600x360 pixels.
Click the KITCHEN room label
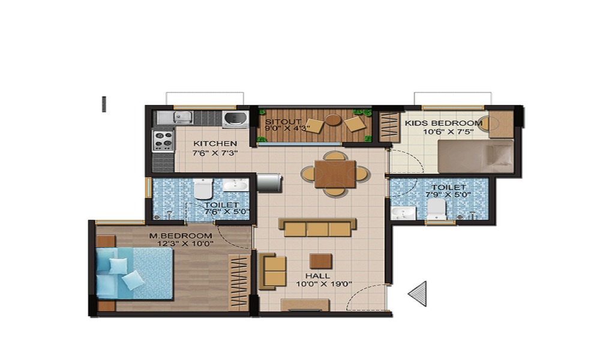[x=215, y=144]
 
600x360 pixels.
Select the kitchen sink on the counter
[x=182, y=118]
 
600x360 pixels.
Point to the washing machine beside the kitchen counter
[x=235, y=118]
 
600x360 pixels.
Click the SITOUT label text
[x=279, y=121]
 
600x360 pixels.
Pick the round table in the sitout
[x=334, y=120]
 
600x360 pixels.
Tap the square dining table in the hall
[x=335, y=173]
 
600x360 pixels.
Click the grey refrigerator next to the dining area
[x=269, y=182]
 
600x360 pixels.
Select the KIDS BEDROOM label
[x=443, y=124]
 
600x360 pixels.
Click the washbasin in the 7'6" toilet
[x=235, y=185]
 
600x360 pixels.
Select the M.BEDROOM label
[x=181, y=236]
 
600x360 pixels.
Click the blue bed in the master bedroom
[x=134, y=273]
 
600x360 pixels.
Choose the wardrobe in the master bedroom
[x=239, y=282]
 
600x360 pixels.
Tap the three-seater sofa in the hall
[x=317, y=227]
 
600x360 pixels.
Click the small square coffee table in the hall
[x=321, y=261]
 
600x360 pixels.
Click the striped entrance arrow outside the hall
[x=418, y=293]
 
